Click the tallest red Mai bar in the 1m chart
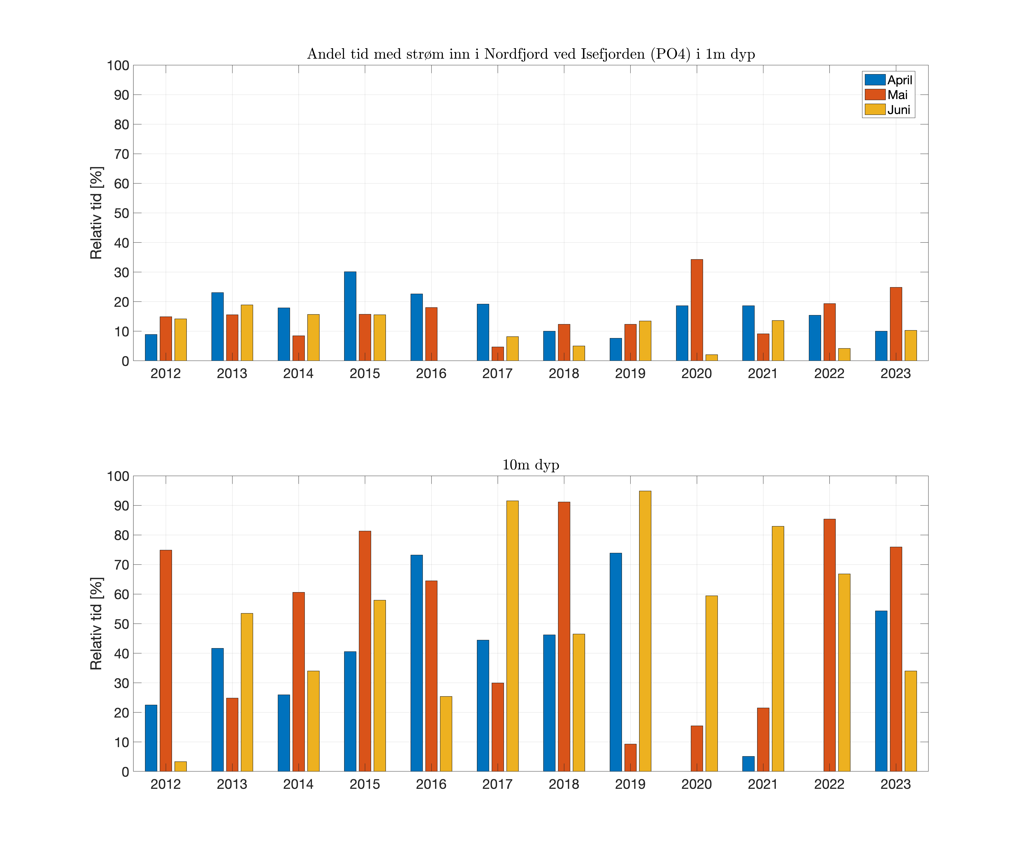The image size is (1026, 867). [696, 310]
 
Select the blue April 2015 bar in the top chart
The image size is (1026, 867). [350, 316]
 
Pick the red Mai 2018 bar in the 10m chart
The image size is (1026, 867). [564, 636]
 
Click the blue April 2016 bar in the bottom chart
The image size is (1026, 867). [416, 663]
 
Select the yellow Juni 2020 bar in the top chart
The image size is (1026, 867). [711, 357]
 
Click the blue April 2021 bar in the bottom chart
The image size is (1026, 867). [748, 764]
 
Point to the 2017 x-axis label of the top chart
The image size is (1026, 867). [498, 373]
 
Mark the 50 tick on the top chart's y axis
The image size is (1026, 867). [121, 213]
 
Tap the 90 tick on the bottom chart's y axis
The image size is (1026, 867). [121, 506]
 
